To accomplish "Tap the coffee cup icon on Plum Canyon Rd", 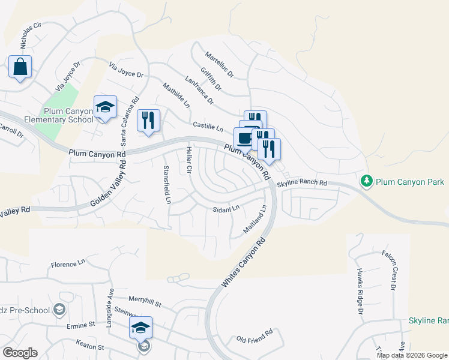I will pyautogui.click(x=244, y=138).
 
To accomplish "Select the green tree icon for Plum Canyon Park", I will pyautogui.click(x=366, y=181).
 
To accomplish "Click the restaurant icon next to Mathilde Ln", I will pyautogui.click(x=148, y=120).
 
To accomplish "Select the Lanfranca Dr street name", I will pyautogui.click(x=199, y=90).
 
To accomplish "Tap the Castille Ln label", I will pyautogui.click(x=208, y=127).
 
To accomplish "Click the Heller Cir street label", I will pyautogui.click(x=189, y=161).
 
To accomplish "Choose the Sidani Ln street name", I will pyautogui.click(x=226, y=209).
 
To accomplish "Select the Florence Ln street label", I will pyautogui.click(x=68, y=264).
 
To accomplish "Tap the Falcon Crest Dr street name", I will pyautogui.click(x=388, y=271).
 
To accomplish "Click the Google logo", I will pyautogui.click(x=20, y=353).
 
